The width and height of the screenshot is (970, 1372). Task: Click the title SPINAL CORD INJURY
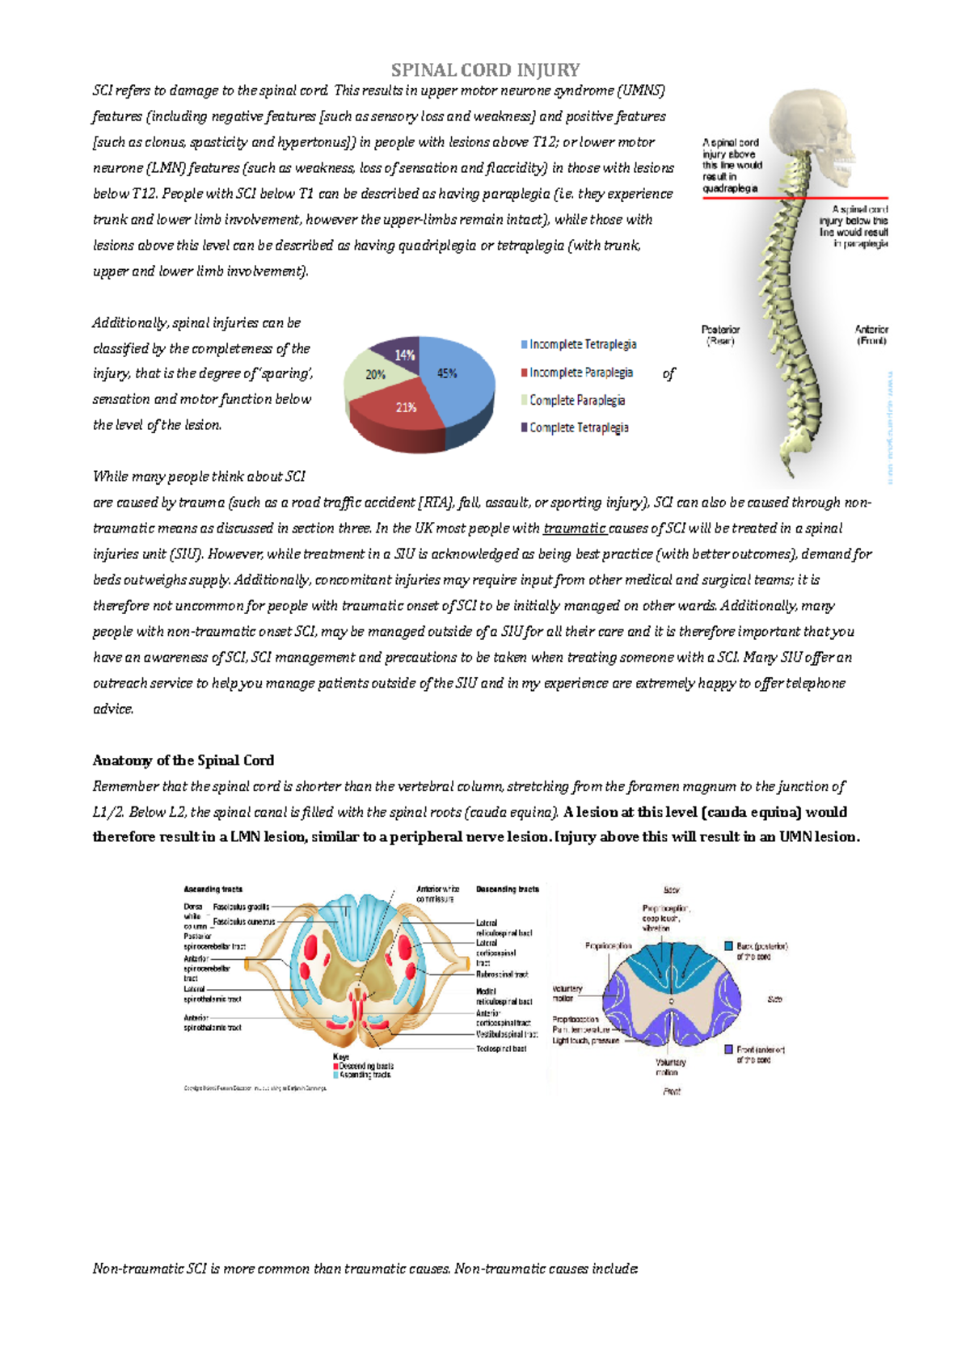tap(485, 70)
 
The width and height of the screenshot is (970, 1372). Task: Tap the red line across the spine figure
tap(796, 197)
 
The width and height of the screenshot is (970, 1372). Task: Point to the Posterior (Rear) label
tap(720, 335)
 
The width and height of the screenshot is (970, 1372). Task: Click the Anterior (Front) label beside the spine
tap(871, 335)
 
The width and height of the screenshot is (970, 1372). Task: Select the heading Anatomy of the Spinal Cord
tap(183, 760)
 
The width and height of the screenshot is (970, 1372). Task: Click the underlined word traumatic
tap(575, 528)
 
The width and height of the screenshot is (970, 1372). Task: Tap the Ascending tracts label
tap(213, 889)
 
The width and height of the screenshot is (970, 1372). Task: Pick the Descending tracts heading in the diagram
tap(507, 889)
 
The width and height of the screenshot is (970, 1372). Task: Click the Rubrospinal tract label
tap(501, 974)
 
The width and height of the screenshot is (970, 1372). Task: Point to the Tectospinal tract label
tap(501, 1049)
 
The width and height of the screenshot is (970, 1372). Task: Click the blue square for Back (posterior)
tap(728, 945)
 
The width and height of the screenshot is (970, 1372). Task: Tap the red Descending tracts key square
tap(336, 1067)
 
